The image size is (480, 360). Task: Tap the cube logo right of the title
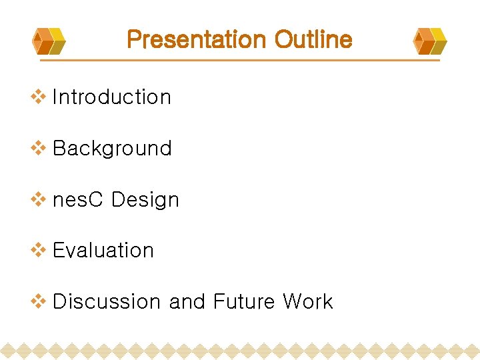[430, 41]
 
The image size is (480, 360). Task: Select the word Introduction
[111, 97]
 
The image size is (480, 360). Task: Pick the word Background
[112, 149]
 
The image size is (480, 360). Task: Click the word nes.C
[78, 200]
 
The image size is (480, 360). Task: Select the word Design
[145, 200]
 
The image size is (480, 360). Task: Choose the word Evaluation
[103, 251]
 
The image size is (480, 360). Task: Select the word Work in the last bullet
[307, 302]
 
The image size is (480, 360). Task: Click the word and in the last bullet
[187, 302]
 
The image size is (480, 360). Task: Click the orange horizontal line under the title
[240, 61]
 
